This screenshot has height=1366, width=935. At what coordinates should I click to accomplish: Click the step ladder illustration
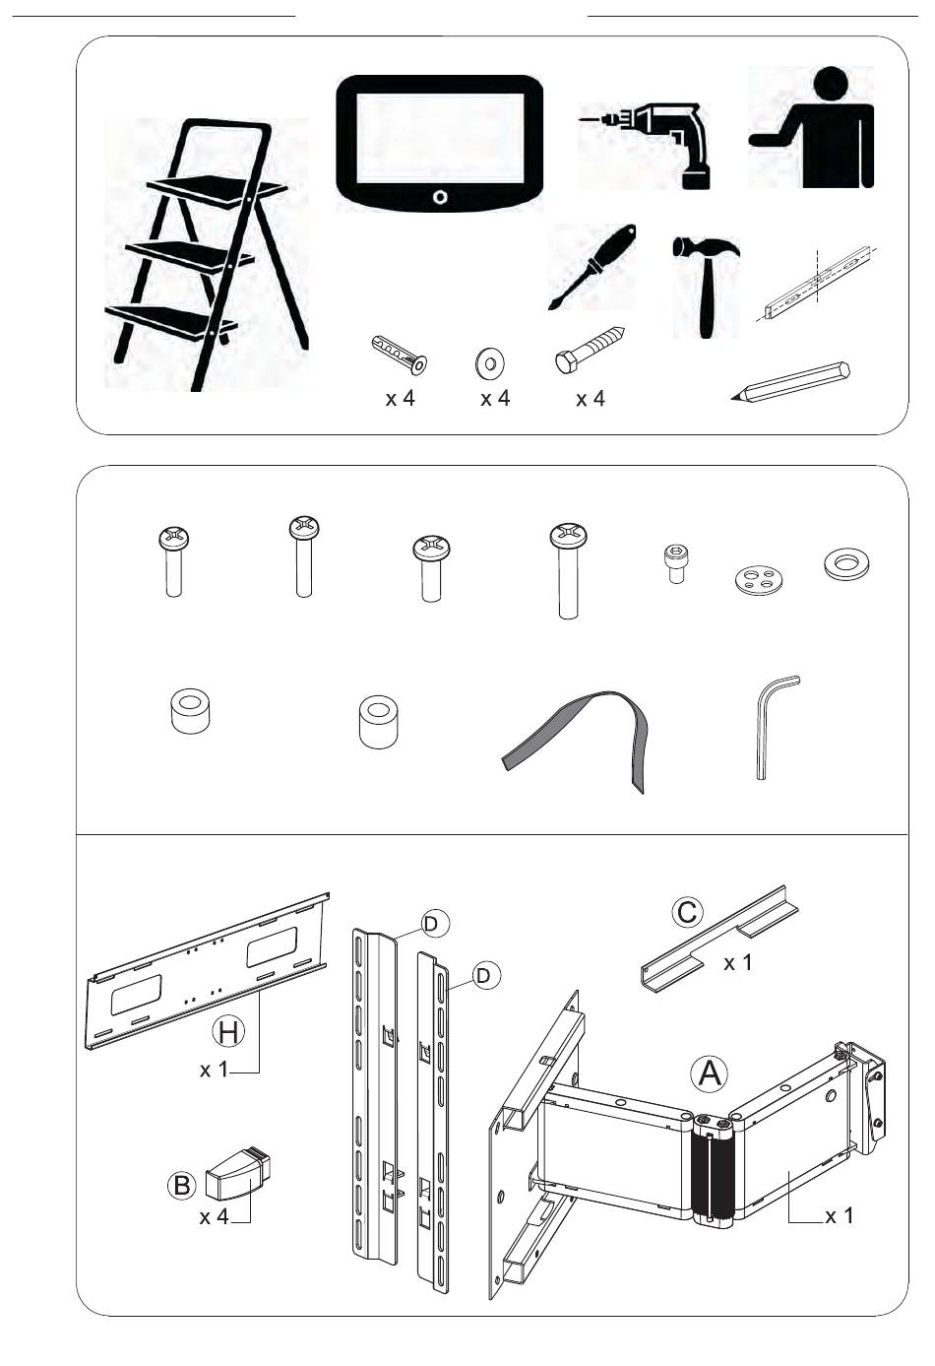coord(207,256)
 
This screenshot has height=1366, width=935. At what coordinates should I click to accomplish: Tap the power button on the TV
coord(440,197)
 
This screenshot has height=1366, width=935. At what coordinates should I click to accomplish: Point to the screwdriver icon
coord(592,266)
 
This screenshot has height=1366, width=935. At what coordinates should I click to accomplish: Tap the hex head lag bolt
coord(590,350)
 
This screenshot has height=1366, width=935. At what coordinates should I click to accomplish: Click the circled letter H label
coord(228,1032)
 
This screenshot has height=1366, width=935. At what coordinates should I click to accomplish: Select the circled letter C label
coord(687,912)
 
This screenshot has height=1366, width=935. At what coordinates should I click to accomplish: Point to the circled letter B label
coord(182,1185)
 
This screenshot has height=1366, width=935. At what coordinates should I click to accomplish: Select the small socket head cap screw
coord(673,563)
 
